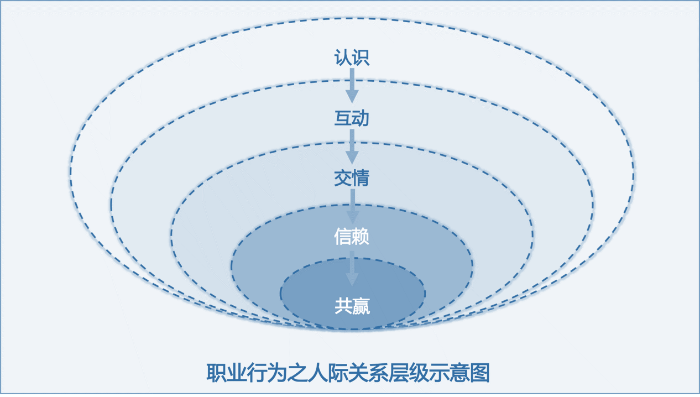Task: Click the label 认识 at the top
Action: coord(352,58)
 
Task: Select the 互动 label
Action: coord(352,118)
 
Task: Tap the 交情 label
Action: coord(352,178)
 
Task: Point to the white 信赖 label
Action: coord(352,236)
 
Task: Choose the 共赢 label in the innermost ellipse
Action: coord(352,306)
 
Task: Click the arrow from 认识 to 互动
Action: coord(352,85)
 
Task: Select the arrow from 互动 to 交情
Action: coord(352,147)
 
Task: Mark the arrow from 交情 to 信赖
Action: coord(352,206)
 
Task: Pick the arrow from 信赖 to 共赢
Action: coord(352,269)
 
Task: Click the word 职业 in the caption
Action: coord(226,373)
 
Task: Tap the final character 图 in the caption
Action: coord(480,373)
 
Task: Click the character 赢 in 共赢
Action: coord(361,306)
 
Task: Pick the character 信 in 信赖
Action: coord(343,236)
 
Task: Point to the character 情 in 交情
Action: coord(361,178)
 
